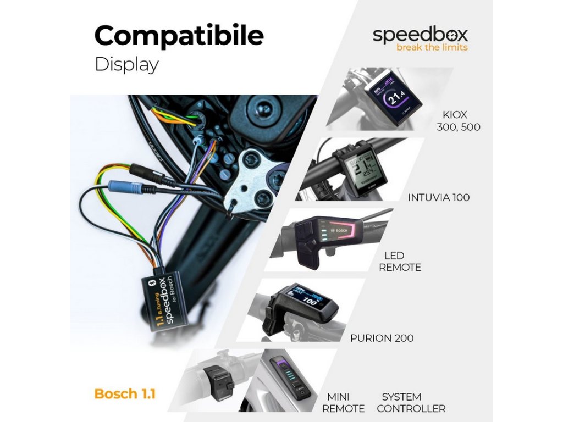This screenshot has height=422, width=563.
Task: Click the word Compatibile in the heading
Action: (179, 36)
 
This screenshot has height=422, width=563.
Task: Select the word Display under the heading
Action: (126, 64)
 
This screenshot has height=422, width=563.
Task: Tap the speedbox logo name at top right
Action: (420, 35)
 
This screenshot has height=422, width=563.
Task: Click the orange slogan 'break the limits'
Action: (432, 48)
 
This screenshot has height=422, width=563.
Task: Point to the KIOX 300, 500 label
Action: (458, 121)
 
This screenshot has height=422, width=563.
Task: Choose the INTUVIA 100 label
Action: (439, 197)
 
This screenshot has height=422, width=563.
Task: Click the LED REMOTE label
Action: (400, 262)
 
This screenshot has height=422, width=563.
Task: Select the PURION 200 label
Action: (382, 338)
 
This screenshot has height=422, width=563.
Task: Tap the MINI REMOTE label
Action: (343, 403)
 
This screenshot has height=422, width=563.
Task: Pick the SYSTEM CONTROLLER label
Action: (411, 403)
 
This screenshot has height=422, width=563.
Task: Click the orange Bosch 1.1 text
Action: (124, 394)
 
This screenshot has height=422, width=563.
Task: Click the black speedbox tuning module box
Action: (165, 296)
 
